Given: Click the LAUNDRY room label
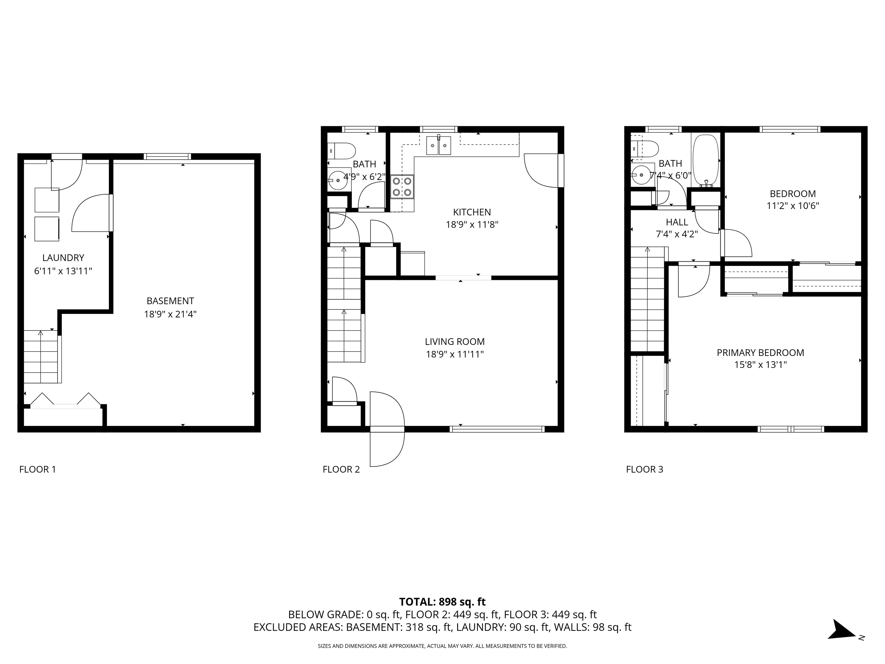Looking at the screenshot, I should [x=63, y=258].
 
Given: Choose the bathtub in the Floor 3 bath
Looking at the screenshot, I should [x=706, y=160].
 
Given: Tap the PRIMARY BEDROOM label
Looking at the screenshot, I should [x=760, y=353].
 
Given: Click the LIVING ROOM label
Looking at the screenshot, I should [x=455, y=342].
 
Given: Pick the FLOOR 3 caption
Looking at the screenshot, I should [x=644, y=469].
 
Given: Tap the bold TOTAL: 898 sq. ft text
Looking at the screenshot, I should [x=442, y=601].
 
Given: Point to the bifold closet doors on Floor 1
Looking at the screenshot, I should [x=65, y=401].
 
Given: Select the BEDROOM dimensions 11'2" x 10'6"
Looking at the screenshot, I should [x=793, y=206].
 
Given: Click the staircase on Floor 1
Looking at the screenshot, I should [x=41, y=356].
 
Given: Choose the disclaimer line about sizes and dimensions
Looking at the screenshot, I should [x=442, y=646].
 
